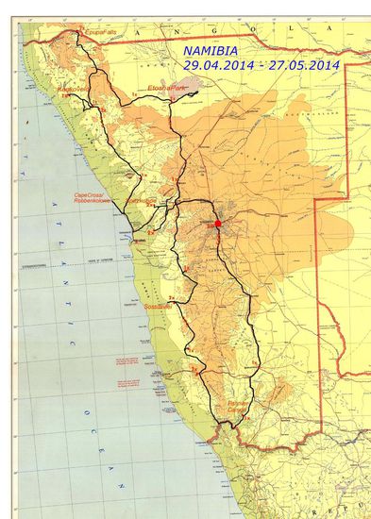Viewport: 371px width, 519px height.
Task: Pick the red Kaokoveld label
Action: coord(74,90)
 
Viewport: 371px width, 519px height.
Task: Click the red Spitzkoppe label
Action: coord(143,201)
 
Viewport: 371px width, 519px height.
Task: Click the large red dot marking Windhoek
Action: coord(218,224)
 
